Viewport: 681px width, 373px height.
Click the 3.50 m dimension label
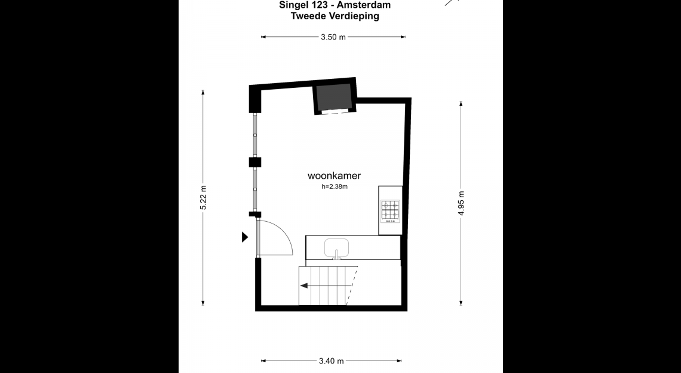pos(333,37)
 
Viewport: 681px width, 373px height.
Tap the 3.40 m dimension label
pos(331,361)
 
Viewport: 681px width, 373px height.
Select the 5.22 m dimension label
pos(203,197)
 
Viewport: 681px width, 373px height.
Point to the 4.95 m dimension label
pos(461,203)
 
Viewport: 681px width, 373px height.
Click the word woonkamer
pos(335,176)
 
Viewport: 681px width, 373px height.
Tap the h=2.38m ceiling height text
pos(335,187)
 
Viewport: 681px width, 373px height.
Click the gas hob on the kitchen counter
pos(391,211)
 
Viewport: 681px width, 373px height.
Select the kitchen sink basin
pos(336,247)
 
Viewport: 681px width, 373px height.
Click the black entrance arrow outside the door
pos(245,237)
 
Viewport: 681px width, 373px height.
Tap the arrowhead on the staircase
pos(304,286)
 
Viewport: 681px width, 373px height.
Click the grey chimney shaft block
pos(333,96)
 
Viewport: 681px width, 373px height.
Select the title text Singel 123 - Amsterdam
pos(335,5)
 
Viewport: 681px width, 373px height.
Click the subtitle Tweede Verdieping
pos(335,16)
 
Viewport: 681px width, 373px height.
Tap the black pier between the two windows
pos(255,162)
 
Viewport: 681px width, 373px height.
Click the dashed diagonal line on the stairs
pos(352,286)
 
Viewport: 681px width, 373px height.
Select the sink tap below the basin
pos(336,255)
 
